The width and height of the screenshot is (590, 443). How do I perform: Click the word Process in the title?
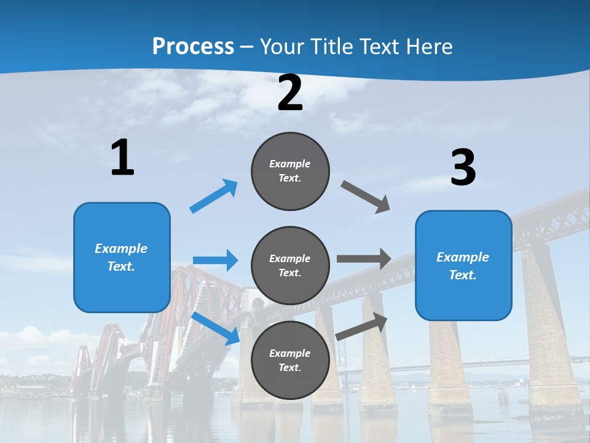click(x=193, y=46)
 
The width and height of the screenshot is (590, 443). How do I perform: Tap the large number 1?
click(x=122, y=158)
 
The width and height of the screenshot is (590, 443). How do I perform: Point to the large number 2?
click(x=290, y=93)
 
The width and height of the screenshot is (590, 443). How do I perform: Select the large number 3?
click(x=463, y=167)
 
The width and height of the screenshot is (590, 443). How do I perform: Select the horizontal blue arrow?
click(x=215, y=260)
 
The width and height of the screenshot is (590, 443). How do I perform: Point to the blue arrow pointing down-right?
click(x=216, y=328)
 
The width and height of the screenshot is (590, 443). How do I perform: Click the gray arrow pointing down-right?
click(x=366, y=197)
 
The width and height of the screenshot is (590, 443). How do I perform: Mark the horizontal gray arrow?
click(x=364, y=258)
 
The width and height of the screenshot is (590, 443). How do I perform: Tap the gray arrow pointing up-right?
click(x=362, y=327)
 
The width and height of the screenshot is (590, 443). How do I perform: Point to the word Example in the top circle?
click(x=290, y=164)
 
